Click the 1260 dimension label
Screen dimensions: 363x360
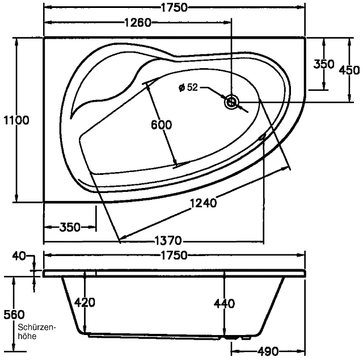click(x=138, y=23)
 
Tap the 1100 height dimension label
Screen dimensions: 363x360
click(x=16, y=120)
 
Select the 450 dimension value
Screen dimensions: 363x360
click(x=349, y=70)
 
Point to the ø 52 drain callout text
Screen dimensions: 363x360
click(x=188, y=87)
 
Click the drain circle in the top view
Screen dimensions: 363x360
click(x=231, y=102)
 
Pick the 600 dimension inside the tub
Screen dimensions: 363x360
click(x=161, y=125)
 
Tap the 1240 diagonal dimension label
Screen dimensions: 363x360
click(x=203, y=203)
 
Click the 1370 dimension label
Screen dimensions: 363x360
click(x=168, y=240)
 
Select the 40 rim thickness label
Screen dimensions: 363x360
click(x=19, y=256)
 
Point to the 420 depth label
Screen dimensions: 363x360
click(x=85, y=302)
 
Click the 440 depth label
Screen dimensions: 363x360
click(x=224, y=303)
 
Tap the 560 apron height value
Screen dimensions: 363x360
click(x=14, y=315)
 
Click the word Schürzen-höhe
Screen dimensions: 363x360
click(x=37, y=332)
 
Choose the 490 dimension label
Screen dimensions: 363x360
click(x=268, y=351)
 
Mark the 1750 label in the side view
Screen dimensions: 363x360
click(x=174, y=256)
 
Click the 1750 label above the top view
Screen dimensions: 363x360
click(x=174, y=7)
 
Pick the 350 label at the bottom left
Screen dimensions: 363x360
click(x=70, y=227)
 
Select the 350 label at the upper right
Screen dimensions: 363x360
click(x=324, y=64)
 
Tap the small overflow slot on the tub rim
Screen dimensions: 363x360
click(x=261, y=137)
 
